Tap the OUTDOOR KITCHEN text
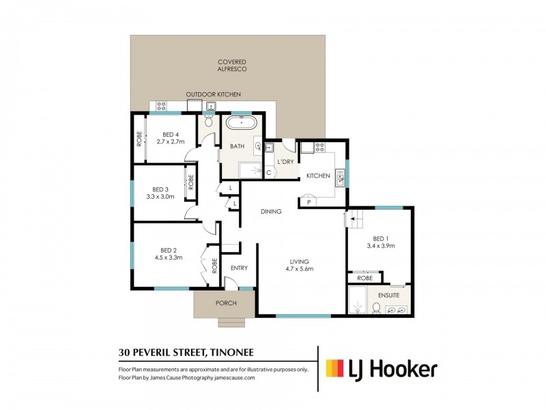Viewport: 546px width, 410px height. point(214,94)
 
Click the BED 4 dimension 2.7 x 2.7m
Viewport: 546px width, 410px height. point(171,142)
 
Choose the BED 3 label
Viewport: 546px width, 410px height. point(160,189)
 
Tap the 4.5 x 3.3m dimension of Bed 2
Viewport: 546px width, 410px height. point(169,258)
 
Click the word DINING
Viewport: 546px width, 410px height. point(271,212)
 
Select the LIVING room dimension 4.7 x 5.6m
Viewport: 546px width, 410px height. point(299,269)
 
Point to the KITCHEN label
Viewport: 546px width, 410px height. point(317,176)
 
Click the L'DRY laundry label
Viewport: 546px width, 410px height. point(284,162)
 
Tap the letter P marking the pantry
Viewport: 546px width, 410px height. point(308,202)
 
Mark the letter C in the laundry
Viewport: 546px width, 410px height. point(269,172)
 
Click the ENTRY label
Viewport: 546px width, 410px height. point(239,268)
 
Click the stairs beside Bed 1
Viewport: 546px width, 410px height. point(355,220)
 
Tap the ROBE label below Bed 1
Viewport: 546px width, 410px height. point(364,278)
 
